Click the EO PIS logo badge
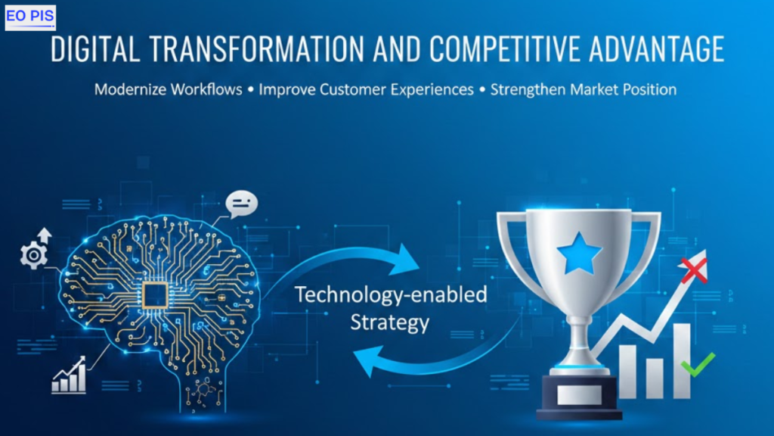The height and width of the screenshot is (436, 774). (x=30, y=17)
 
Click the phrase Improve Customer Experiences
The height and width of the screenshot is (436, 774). (x=366, y=89)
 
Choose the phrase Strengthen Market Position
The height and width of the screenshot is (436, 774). (x=583, y=89)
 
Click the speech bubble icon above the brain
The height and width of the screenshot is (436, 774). (x=243, y=204)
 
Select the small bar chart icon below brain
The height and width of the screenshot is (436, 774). (x=69, y=376)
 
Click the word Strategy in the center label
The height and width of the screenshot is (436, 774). (x=389, y=322)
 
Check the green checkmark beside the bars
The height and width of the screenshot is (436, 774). (x=697, y=365)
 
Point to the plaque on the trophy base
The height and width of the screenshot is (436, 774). (x=580, y=394)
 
